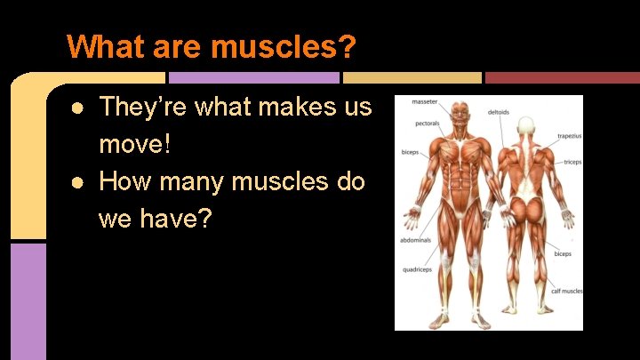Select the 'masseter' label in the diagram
click(424, 103)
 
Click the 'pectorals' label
click(426, 124)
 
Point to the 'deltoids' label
click(499, 113)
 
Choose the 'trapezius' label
click(569, 137)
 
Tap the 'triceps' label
click(572, 163)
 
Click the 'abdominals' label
click(416, 240)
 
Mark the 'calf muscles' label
click(566, 292)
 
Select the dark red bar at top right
click(562, 78)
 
